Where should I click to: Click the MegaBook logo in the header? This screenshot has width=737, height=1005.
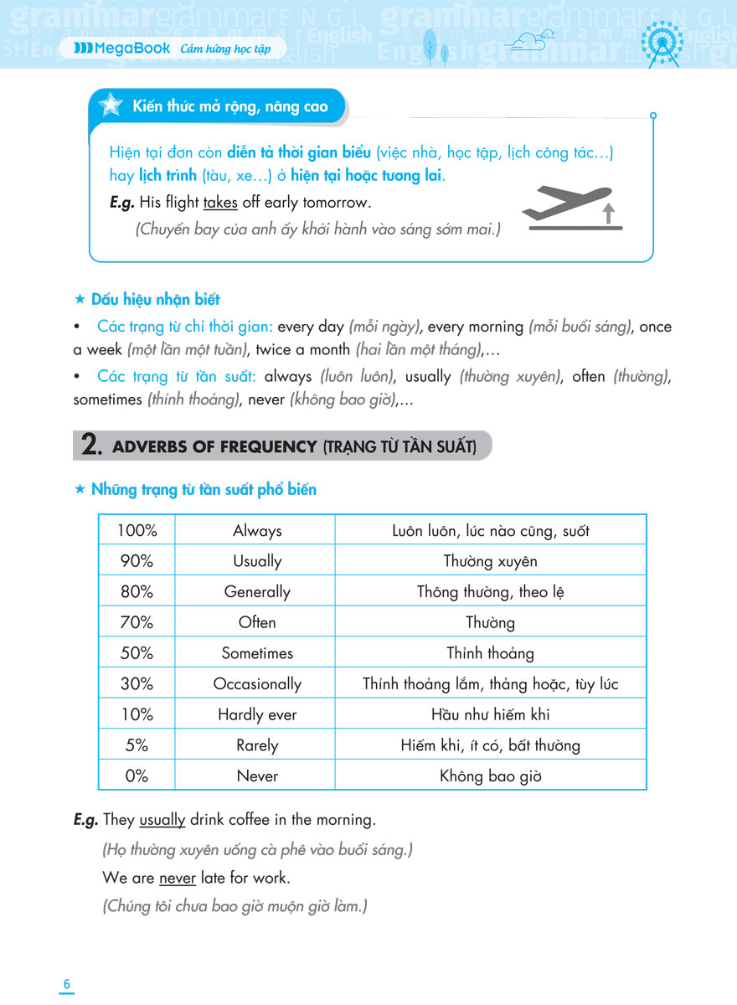click(x=121, y=49)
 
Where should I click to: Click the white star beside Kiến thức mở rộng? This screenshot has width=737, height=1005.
click(x=110, y=106)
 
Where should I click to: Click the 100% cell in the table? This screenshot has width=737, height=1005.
click(x=137, y=530)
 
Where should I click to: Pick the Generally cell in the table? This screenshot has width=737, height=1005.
click(x=257, y=591)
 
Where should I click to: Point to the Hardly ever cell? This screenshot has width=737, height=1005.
click(x=257, y=714)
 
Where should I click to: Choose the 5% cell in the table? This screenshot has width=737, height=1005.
click(x=137, y=745)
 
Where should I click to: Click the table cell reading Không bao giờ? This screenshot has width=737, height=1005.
click(x=490, y=776)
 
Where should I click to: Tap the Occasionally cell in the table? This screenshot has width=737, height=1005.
click(x=257, y=683)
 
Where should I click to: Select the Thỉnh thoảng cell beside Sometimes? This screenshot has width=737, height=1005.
click(x=490, y=653)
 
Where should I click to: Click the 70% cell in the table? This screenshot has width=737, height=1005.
click(x=137, y=622)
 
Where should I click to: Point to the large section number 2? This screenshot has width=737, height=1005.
click(x=91, y=446)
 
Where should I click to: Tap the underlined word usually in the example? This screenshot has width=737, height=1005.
click(x=162, y=820)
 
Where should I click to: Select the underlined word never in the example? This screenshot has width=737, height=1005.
click(x=177, y=879)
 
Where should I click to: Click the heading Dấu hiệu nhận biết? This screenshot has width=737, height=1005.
click(x=155, y=299)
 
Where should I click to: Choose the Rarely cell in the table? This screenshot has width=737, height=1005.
click(x=257, y=745)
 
